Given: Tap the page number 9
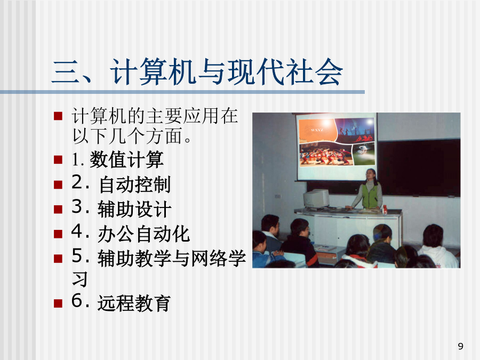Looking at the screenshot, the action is click(x=460, y=346).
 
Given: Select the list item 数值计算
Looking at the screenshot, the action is click(x=126, y=159).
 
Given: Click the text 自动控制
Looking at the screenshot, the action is click(x=135, y=185).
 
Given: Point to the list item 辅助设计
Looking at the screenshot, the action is click(x=134, y=209).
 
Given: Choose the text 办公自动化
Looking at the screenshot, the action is click(x=144, y=234).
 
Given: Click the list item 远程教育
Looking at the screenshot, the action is click(x=134, y=303).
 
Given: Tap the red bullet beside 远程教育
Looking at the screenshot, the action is click(x=58, y=303).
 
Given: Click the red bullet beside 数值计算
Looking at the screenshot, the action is click(x=58, y=160).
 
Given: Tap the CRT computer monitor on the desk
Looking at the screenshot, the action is click(x=316, y=198).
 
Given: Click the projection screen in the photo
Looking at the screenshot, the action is click(x=336, y=147).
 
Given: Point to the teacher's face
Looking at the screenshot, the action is click(x=371, y=175).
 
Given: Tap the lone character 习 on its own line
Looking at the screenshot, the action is click(x=79, y=279).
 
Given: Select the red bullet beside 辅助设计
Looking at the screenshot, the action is click(x=58, y=210).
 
